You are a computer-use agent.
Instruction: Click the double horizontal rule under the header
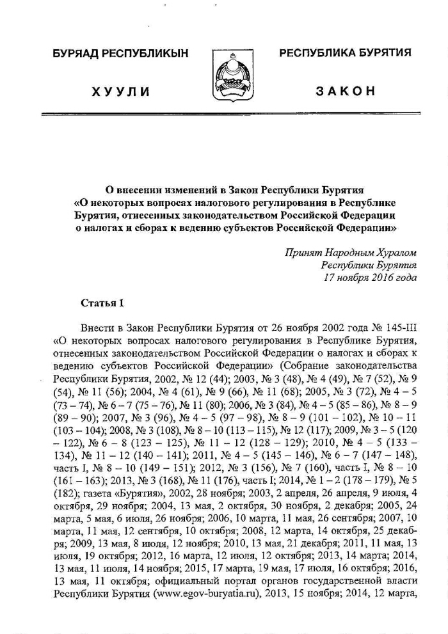click(x=229, y=114)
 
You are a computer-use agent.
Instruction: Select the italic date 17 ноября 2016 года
click(x=371, y=277)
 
